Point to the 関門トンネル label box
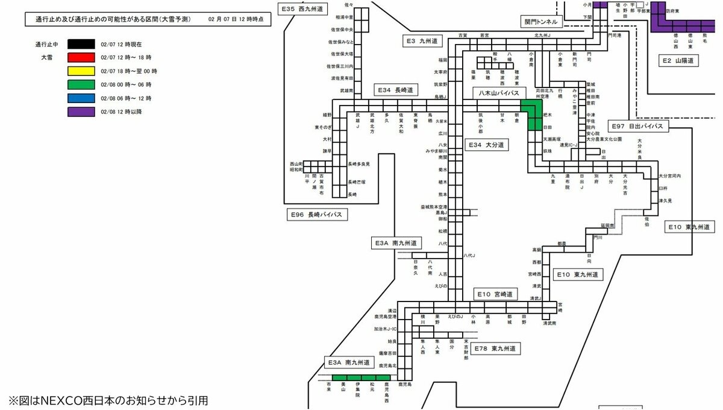541,22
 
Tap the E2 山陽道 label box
678,61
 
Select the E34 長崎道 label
395,90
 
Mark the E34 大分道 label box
485,145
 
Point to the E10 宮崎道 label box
494,294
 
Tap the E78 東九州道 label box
493,348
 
